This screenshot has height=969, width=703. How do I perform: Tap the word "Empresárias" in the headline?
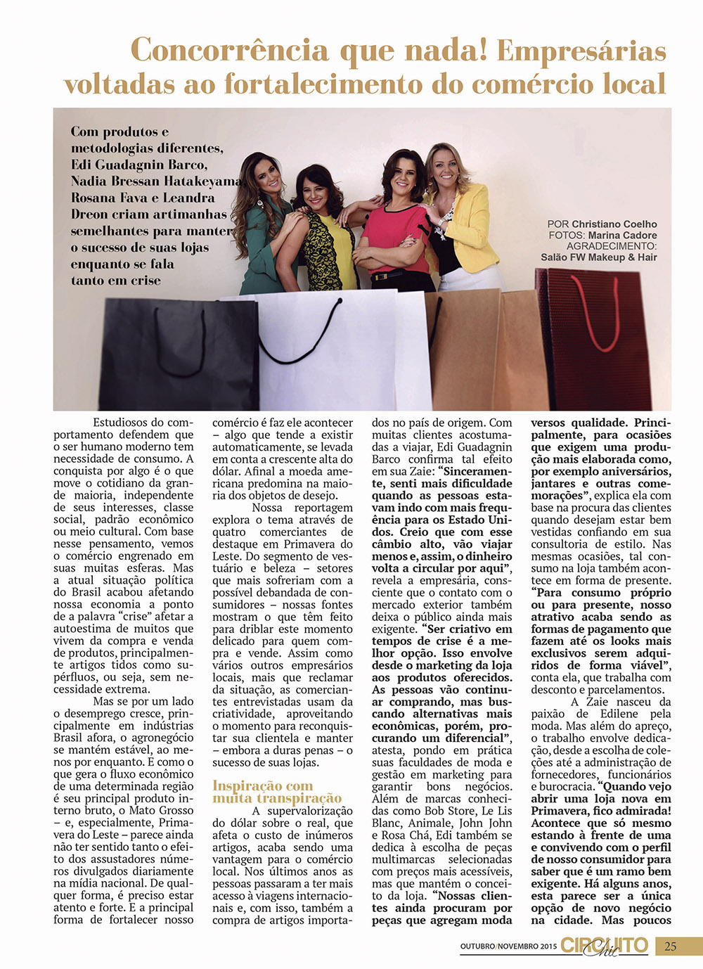coord(581,51)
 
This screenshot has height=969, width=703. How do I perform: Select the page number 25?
coord(671,946)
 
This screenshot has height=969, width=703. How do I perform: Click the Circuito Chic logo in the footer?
coord(605,946)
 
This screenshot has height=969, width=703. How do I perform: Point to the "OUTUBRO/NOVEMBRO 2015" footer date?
coord(508,946)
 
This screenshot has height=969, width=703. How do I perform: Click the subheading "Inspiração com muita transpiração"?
coord(277,792)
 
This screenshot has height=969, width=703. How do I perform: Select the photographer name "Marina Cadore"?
coord(622,236)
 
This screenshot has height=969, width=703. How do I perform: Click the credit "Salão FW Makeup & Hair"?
coord(598,257)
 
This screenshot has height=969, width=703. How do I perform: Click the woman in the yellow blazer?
coord(460,218)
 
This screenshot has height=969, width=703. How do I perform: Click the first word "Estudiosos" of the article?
coord(120,423)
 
